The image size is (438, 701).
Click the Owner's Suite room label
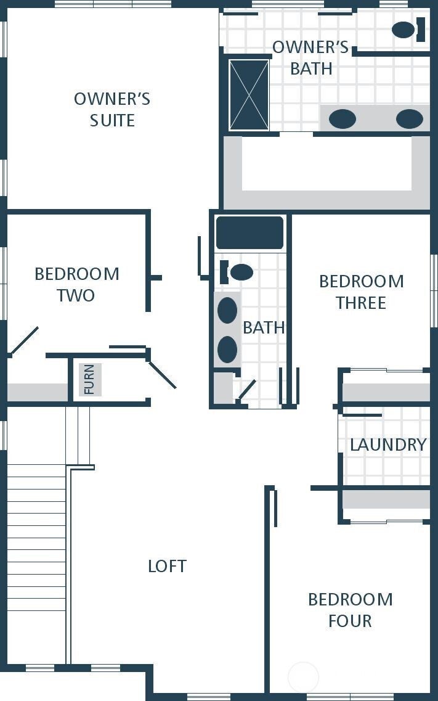[112, 110]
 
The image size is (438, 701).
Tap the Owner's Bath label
[310, 58]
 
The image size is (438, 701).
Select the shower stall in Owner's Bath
[249, 95]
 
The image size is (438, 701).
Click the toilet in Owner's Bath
[408, 30]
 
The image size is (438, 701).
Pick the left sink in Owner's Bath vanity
[343, 119]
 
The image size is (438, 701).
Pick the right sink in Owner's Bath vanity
[410, 119]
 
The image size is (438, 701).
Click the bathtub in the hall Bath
[250, 232]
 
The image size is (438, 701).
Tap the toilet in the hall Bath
[237, 272]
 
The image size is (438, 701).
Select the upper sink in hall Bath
[227, 310]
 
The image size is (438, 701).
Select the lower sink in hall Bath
[227, 349]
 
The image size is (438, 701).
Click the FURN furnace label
[89, 380]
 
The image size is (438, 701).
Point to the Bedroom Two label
[77, 285]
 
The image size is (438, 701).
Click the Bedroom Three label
[362, 292]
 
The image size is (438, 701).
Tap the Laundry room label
[389, 445]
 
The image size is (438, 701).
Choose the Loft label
[168, 566]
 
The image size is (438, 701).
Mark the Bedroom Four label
[351, 610]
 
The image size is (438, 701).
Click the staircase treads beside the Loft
[36, 564]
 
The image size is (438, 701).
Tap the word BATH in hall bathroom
[264, 328]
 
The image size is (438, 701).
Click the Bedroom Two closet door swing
[23, 341]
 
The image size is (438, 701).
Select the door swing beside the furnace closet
[162, 375]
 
